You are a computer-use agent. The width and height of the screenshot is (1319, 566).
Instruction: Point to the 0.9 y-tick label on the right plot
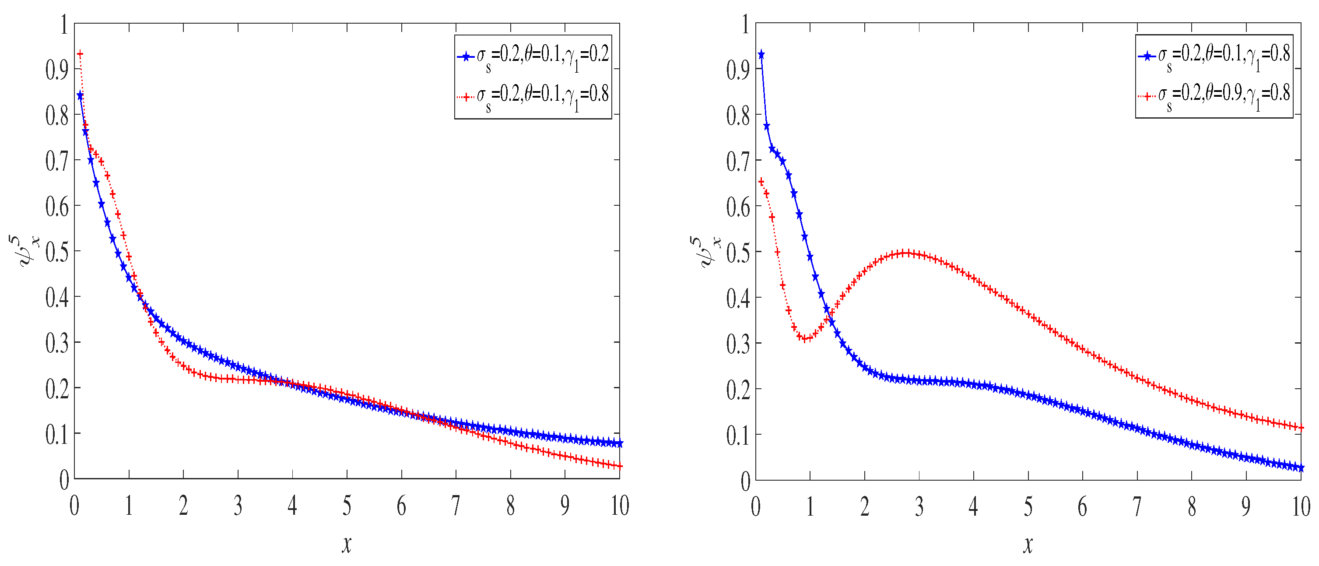point(738,70)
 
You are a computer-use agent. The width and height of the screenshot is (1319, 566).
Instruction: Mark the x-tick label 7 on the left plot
point(456,506)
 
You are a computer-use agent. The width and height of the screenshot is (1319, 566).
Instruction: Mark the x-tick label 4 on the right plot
point(973,506)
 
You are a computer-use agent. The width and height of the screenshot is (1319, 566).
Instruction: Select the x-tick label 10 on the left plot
point(620,506)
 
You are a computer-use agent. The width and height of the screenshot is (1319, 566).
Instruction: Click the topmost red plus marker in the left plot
point(80,54)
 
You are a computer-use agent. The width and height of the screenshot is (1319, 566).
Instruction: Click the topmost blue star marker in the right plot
point(761,54)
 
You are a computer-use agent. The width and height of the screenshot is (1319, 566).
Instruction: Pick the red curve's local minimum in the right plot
point(805,338)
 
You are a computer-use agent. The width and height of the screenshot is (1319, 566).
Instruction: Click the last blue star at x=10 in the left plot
point(620,443)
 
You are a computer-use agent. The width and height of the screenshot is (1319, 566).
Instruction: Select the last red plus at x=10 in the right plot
point(1301,428)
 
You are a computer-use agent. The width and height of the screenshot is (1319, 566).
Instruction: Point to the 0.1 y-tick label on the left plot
point(57,434)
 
